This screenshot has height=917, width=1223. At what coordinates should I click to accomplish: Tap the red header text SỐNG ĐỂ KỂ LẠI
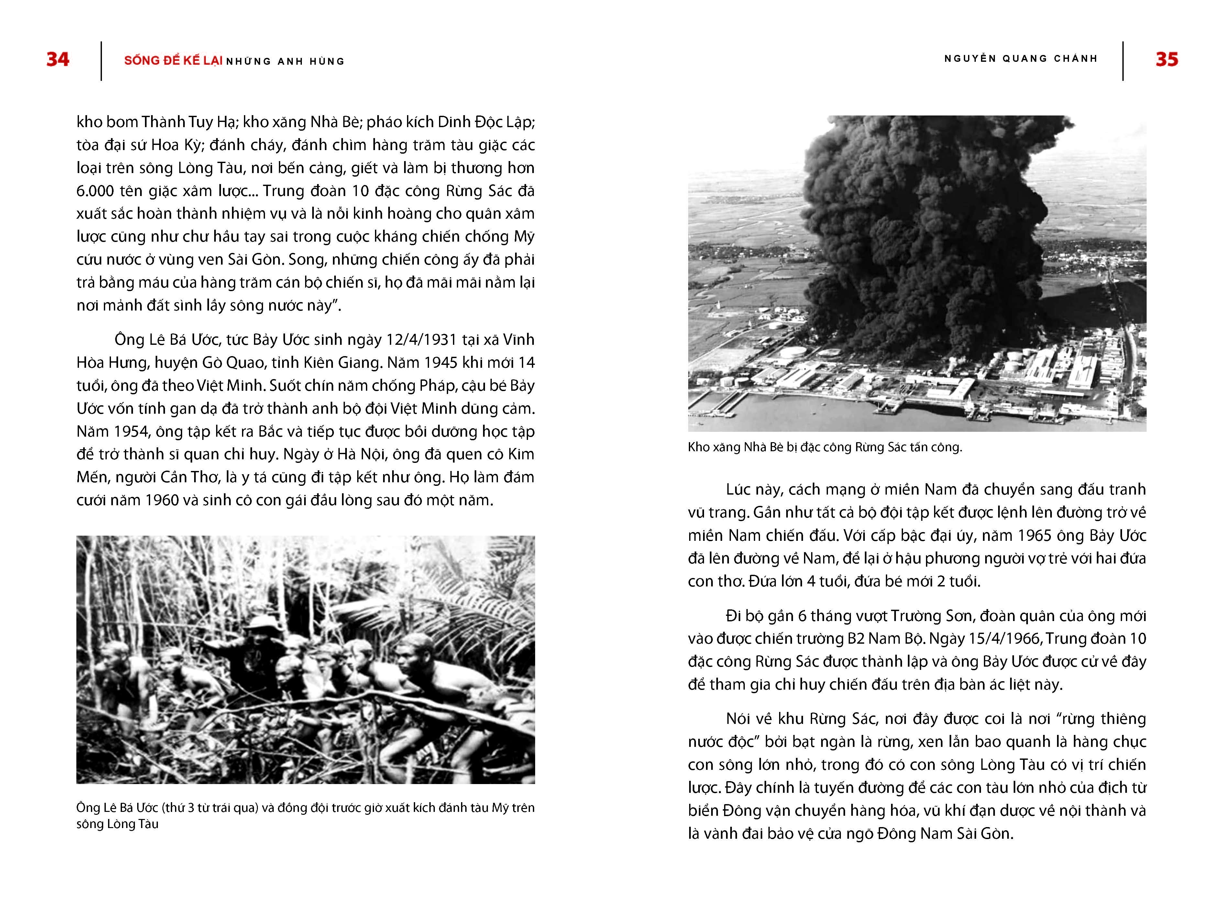point(173,61)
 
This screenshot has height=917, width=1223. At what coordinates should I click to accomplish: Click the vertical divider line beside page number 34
point(101,61)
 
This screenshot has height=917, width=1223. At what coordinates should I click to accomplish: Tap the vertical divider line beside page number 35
point(1123,61)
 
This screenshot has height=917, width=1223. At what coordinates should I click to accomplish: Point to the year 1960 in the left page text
point(161,500)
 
